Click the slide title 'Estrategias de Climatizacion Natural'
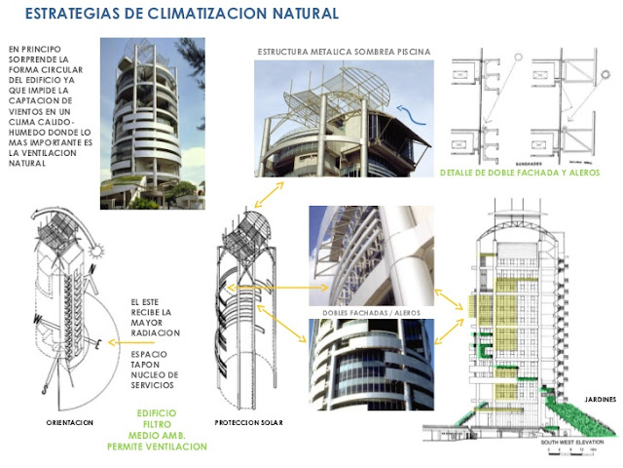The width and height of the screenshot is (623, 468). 180,15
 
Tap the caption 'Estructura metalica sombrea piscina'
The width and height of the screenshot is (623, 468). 344,51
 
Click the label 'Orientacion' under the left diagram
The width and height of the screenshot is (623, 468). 70,423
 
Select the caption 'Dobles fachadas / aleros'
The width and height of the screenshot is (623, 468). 369,312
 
